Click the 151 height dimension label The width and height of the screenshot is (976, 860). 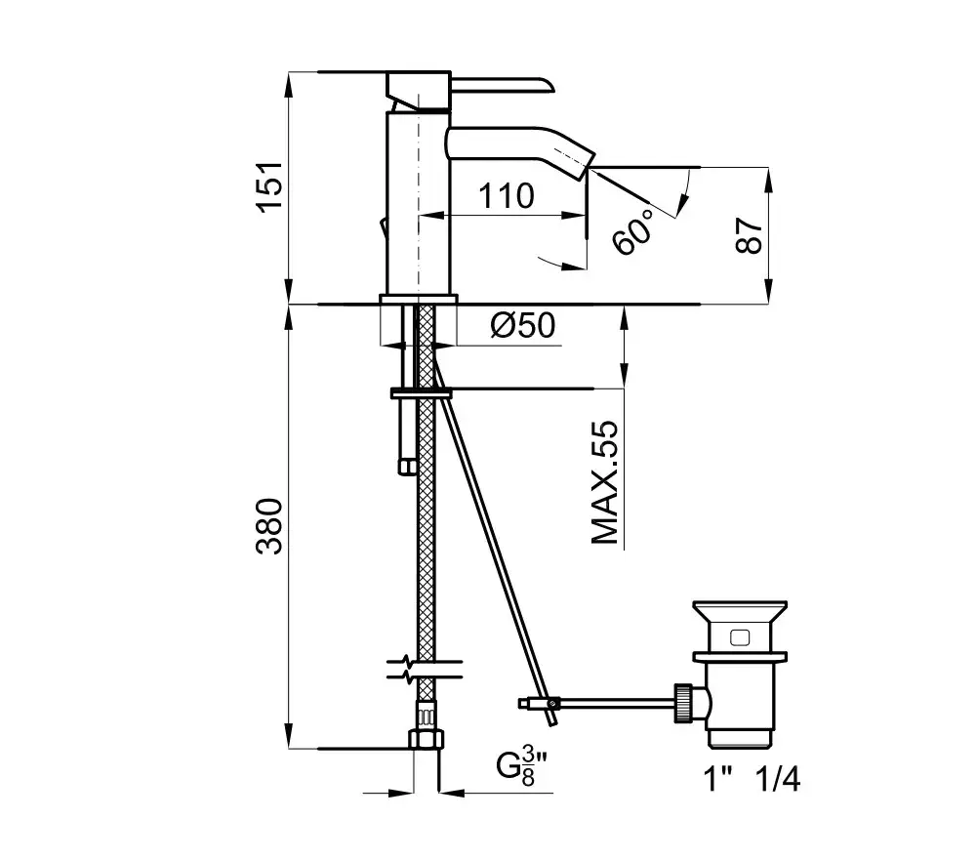(270, 186)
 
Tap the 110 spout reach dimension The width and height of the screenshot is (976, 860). (506, 196)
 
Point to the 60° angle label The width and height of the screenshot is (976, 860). (633, 231)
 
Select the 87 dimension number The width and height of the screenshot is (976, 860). (750, 235)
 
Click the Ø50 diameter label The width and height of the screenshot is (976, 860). (523, 325)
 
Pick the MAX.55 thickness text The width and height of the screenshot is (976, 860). (605, 482)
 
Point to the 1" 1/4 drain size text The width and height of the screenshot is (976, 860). (752, 778)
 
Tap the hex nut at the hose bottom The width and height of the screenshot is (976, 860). (427, 739)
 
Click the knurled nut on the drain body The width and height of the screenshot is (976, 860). (683, 703)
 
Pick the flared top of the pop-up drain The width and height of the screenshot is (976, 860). (740, 611)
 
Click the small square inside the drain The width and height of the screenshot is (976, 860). (740, 637)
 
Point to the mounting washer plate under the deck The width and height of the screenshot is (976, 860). (422, 393)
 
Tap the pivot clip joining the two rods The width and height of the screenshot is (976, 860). (551, 704)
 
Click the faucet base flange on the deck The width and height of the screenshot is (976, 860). (419, 299)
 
